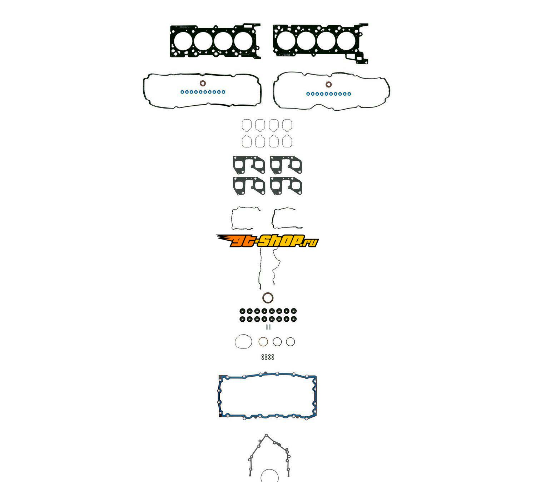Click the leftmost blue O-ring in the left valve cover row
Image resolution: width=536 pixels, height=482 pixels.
182,92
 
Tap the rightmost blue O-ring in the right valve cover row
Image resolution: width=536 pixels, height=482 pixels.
349,94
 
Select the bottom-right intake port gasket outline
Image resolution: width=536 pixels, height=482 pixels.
287,141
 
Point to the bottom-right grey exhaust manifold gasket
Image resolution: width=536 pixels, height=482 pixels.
286,186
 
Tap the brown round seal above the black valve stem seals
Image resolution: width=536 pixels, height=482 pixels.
268,298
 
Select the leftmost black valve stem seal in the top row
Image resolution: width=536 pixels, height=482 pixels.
242,310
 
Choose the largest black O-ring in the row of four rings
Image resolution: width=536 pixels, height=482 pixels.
243,342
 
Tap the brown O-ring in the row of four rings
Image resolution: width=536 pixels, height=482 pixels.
263,342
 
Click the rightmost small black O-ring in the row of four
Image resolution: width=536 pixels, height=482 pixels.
290,342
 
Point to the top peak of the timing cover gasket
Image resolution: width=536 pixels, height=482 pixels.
266,436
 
